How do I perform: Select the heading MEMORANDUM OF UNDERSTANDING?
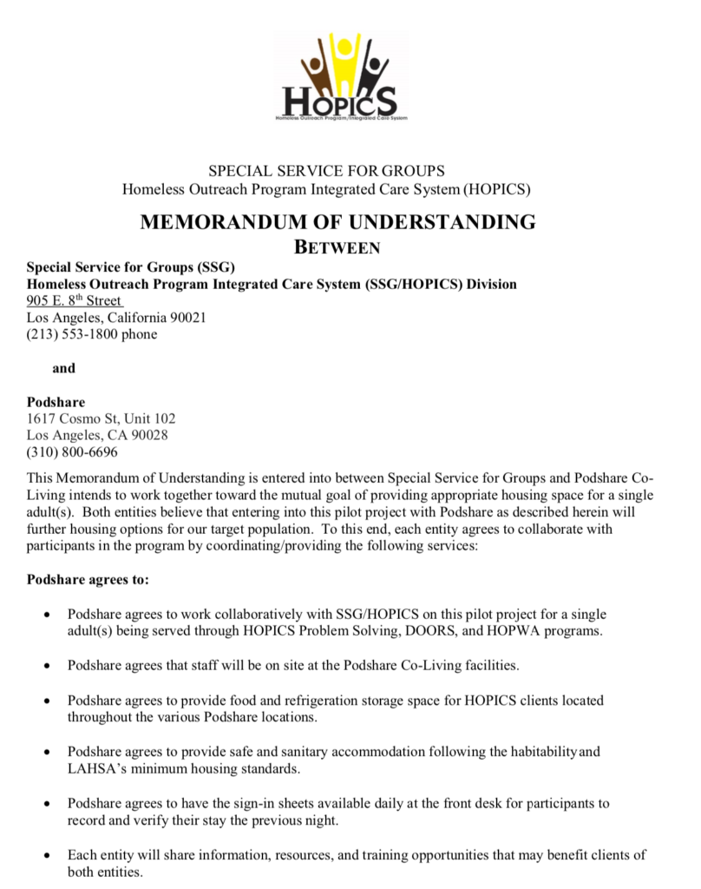pyautogui.click(x=337, y=221)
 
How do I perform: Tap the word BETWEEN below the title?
pyautogui.click(x=337, y=247)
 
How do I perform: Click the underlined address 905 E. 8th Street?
pyautogui.click(x=75, y=301)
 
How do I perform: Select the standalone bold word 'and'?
pyautogui.click(x=63, y=368)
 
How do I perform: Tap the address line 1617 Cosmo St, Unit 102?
pyautogui.click(x=101, y=418)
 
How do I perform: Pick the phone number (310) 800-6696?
pyautogui.click(x=72, y=451)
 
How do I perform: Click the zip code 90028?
pyautogui.click(x=151, y=435)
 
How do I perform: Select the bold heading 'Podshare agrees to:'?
pyautogui.click(x=88, y=578)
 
